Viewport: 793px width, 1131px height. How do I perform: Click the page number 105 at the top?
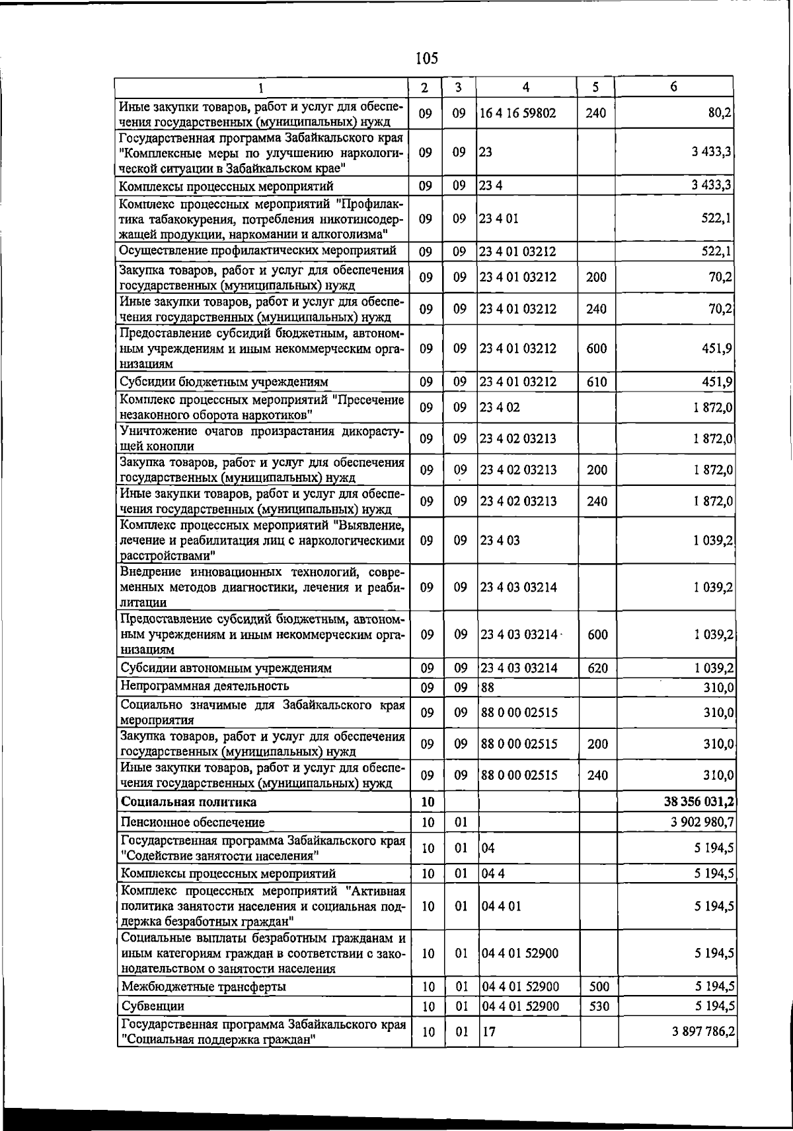pyautogui.click(x=427, y=58)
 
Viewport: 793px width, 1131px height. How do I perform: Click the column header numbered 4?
pyautogui.click(x=525, y=87)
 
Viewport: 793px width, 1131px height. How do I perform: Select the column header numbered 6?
pyautogui.click(x=673, y=87)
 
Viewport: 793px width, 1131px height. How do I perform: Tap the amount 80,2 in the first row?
pyautogui.click(x=719, y=113)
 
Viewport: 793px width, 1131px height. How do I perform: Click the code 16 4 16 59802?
pyautogui.click(x=517, y=113)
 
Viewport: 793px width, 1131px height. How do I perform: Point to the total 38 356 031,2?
pyautogui.click(x=700, y=802)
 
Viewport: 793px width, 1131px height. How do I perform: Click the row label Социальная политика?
pyautogui.click(x=188, y=802)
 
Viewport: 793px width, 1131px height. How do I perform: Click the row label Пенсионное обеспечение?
pyautogui.click(x=192, y=823)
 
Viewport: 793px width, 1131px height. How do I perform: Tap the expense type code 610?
pyautogui.click(x=596, y=382)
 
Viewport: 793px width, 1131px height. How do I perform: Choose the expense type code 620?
pyautogui.click(x=597, y=668)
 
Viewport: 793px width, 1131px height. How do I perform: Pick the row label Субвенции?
pyautogui.click(x=153, y=1006)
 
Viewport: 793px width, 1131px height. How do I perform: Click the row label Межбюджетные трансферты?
pyautogui.click(x=204, y=987)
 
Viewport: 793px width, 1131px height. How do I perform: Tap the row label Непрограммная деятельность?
pyautogui.click(x=205, y=686)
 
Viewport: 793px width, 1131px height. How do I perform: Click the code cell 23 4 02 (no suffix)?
pyautogui.click(x=500, y=407)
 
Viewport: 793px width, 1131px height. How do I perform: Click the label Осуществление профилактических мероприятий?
pyautogui.click(x=258, y=251)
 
